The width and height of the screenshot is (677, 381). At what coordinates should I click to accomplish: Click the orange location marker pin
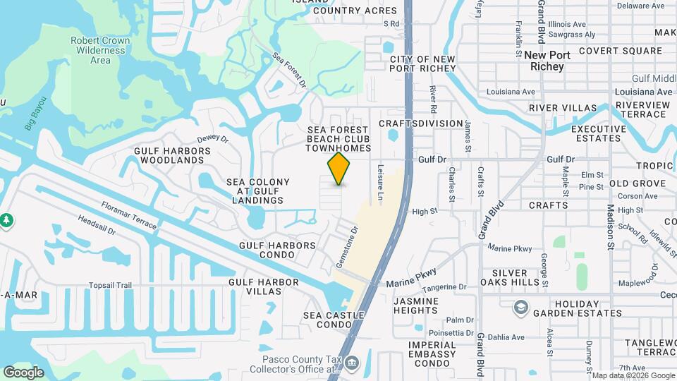click(339, 169)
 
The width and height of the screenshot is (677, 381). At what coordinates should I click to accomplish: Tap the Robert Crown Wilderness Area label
click(100, 50)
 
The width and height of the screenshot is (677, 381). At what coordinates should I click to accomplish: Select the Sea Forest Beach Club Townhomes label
click(338, 139)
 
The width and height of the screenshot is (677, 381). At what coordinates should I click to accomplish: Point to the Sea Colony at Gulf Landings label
click(258, 191)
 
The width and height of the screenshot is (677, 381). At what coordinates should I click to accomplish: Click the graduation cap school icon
click(520, 307)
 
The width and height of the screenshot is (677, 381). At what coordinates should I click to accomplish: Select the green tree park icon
click(6, 220)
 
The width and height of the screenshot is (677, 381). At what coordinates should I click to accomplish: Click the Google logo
click(23, 372)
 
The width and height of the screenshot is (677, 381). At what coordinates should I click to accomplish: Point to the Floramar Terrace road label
click(128, 215)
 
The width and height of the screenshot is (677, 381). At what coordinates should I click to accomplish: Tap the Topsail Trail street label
click(110, 286)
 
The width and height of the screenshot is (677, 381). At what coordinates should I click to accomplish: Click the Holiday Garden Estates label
click(578, 308)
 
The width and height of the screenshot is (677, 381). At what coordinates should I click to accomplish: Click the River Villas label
click(563, 108)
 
